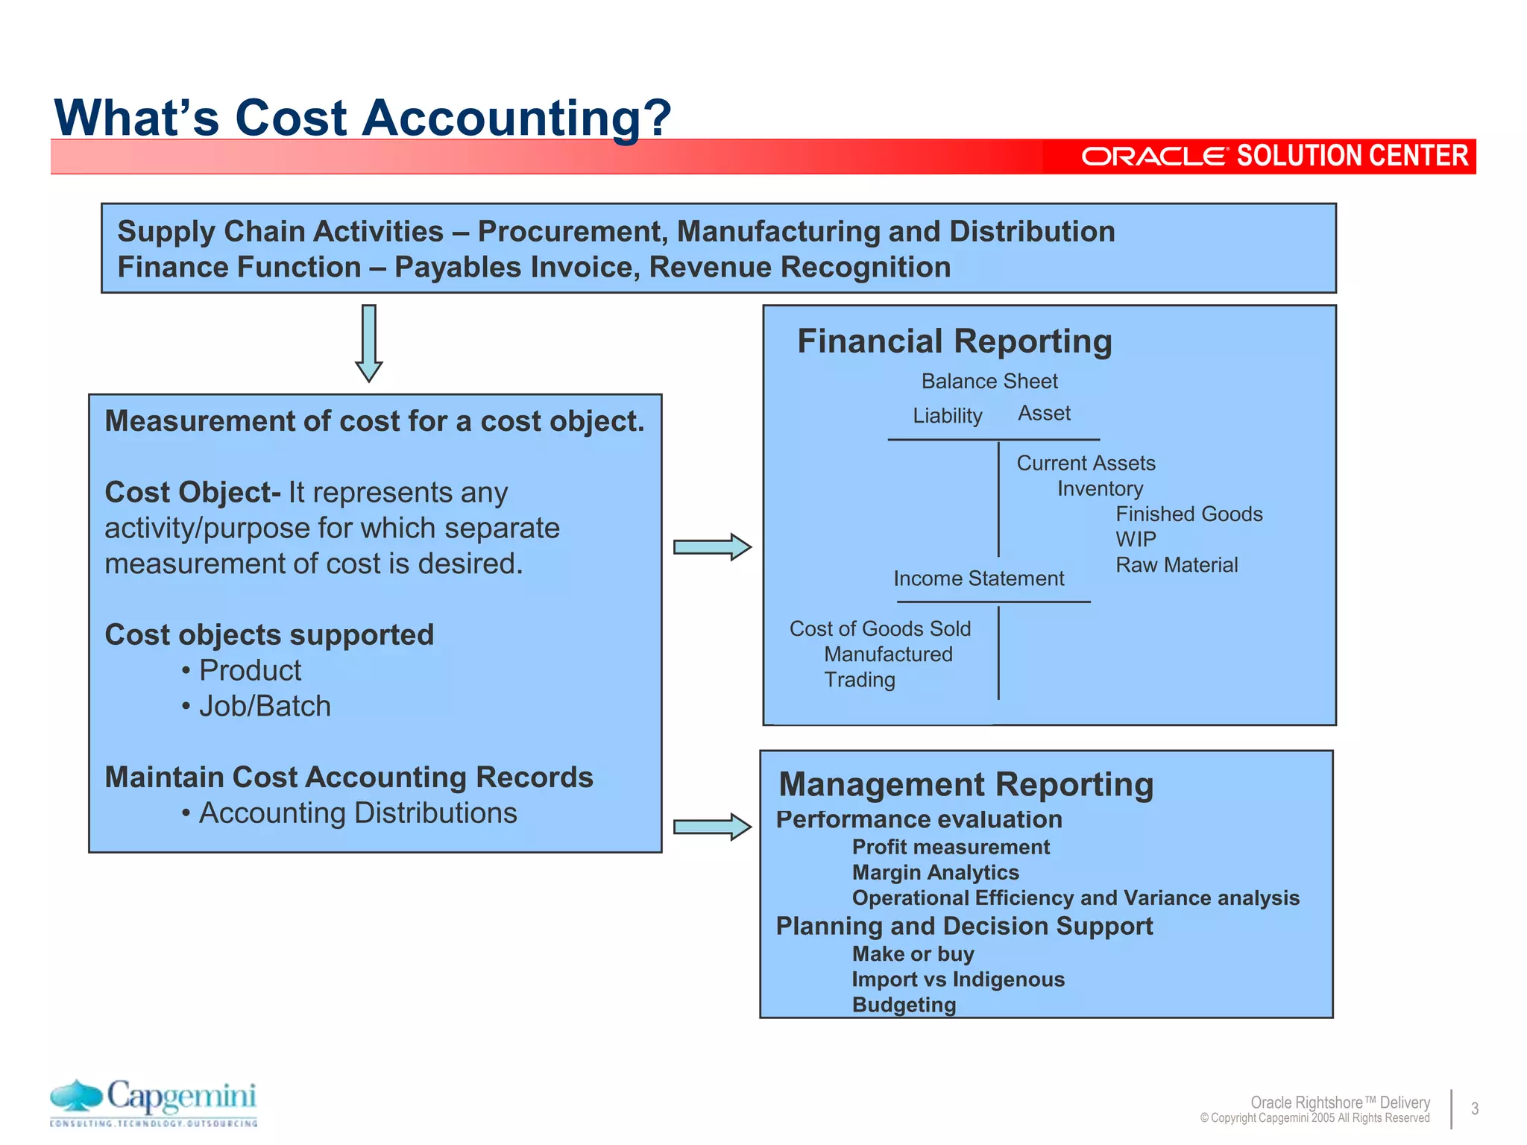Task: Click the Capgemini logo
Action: [x=154, y=1102]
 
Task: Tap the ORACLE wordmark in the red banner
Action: [x=1154, y=157]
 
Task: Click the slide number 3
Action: [x=1475, y=1108]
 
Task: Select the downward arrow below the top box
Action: [x=369, y=343]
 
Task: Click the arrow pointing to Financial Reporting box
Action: [x=712, y=547]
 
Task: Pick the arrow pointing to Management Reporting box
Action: [x=712, y=827]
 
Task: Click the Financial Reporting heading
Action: [x=954, y=341]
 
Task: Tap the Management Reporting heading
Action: [x=966, y=785]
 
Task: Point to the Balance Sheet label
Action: [x=989, y=382]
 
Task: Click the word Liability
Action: [x=948, y=416]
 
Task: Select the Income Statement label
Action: [x=978, y=578]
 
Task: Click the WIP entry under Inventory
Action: [x=1136, y=540]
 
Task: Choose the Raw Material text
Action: [x=1177, y=565]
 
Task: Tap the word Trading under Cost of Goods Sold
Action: [x=860, y=680]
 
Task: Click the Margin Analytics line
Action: [x=935, y=873]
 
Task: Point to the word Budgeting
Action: [x=904, y=1005]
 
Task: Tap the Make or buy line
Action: [x=913, y=954]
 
